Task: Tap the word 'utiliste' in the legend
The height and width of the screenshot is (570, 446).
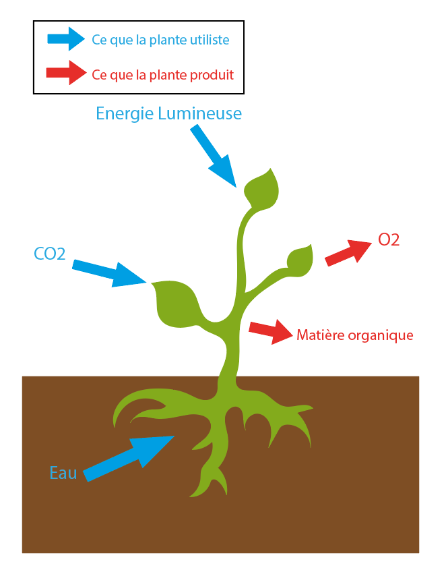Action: click(x=209, y=40)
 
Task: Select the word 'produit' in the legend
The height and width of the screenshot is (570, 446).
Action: click(x=212, y=74)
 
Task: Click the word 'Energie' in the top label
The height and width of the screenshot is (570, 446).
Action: click(x=125, y=113)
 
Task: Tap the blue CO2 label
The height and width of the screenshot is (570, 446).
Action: click(x=49, y=254)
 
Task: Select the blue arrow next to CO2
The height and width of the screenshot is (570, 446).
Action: click(x=108, y=272)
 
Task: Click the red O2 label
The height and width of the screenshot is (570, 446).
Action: click(x=389, y=239)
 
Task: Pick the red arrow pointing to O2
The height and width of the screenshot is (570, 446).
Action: click(x=348, y=252)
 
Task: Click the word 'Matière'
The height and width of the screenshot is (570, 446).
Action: click(x=319, y=335)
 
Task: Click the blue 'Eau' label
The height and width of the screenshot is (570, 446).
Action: click(x=63, y=472)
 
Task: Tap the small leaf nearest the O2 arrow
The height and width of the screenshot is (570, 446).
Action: click(x=300, y=260)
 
